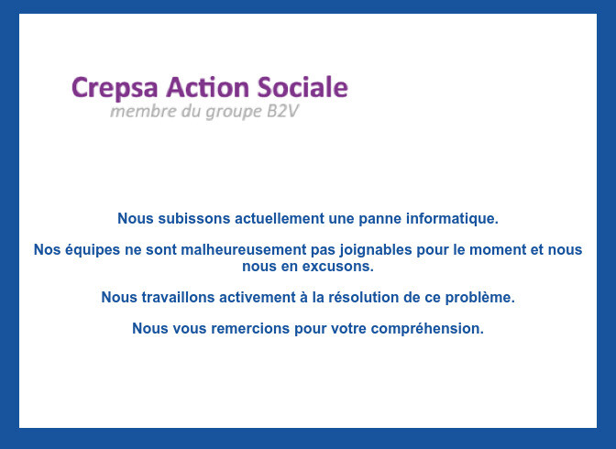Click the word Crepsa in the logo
[115, 88]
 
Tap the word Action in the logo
[207, 87]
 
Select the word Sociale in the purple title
[302, 87]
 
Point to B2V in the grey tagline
[283, 111]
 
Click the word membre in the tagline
[143, 111]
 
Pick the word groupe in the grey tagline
[234, 113]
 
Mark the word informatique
[452, 219]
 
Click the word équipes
[93, 251]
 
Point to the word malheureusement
[244, 250]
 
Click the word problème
[479, 298]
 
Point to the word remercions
[250, 329]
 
